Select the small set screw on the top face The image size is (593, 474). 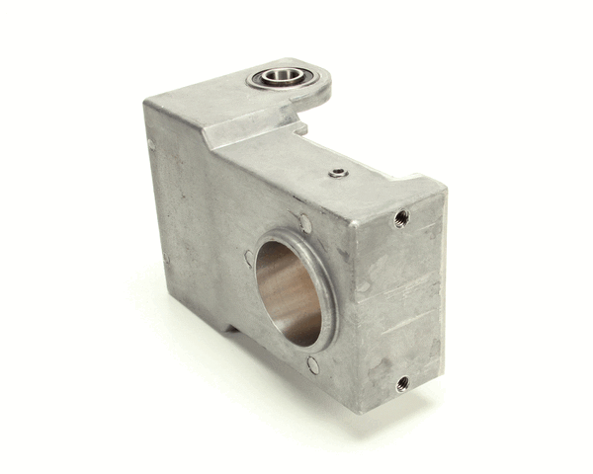point(339,173)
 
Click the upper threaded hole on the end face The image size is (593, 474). point(400,217)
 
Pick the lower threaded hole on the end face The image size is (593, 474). point(402,382)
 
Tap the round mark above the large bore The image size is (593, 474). point(305,224)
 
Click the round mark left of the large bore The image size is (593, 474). point(248,258)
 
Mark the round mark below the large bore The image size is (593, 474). point(313,365)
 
